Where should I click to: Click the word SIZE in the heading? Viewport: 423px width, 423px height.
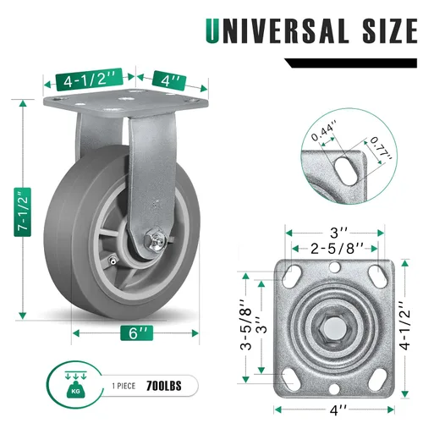tap(390, 30)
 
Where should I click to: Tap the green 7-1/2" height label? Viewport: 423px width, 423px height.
tap(23, 212)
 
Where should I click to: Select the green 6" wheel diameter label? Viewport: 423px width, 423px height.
tap(137, 332)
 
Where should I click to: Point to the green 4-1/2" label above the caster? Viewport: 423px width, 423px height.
tap(90, 80)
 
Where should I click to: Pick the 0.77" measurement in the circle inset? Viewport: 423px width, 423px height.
tap(381, 147)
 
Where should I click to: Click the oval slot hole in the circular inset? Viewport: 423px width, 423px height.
tap(347, 171)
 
